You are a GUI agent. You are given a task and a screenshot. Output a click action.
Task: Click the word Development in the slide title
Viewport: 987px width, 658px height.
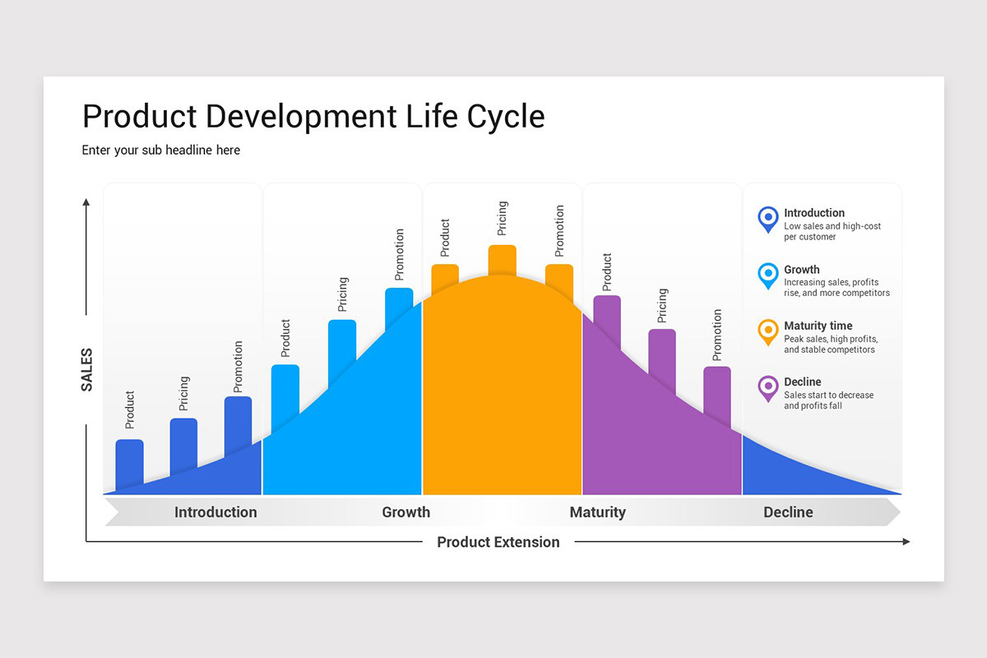tap(300, 116)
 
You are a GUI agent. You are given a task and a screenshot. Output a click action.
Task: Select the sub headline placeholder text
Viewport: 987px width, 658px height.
tap(161, 150)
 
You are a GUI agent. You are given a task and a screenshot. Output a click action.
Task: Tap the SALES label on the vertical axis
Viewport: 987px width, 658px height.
tap(86, 369)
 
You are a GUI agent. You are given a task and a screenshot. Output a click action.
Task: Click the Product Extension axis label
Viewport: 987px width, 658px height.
tap(498, 542)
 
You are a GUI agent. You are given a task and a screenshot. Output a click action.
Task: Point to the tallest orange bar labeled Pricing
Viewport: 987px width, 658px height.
tap(502, 260)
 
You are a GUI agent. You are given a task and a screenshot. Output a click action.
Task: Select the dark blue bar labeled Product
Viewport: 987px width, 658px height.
tap(129, 461)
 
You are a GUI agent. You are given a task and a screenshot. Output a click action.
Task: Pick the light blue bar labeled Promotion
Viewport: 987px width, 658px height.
tap(399, 300)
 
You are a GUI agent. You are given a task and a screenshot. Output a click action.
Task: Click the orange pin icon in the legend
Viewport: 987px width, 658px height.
tap(767, 331)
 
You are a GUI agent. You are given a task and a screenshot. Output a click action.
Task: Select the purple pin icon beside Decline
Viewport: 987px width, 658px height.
tap(767, 387)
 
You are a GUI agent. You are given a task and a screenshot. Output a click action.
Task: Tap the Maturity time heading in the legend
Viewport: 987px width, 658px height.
tap(818, 326)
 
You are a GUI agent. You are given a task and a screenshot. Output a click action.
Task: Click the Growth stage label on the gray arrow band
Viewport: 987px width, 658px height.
tap(405, 512)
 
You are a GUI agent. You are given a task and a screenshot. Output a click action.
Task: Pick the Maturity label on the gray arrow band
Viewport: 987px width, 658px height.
tap(597, 512)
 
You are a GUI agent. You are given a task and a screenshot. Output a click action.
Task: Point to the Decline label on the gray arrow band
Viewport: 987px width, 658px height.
tap(787, 512)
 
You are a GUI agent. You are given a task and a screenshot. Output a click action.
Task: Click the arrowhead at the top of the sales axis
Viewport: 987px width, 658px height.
tap(86, 202)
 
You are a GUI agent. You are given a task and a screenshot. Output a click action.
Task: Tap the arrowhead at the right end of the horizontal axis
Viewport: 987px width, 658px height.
tap(906, 541)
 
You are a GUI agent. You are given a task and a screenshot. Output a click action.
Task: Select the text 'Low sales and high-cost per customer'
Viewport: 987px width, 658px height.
tap(832, 231)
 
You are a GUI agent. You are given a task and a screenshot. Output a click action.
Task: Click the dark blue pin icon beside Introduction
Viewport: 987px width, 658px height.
tap(767, 218)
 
